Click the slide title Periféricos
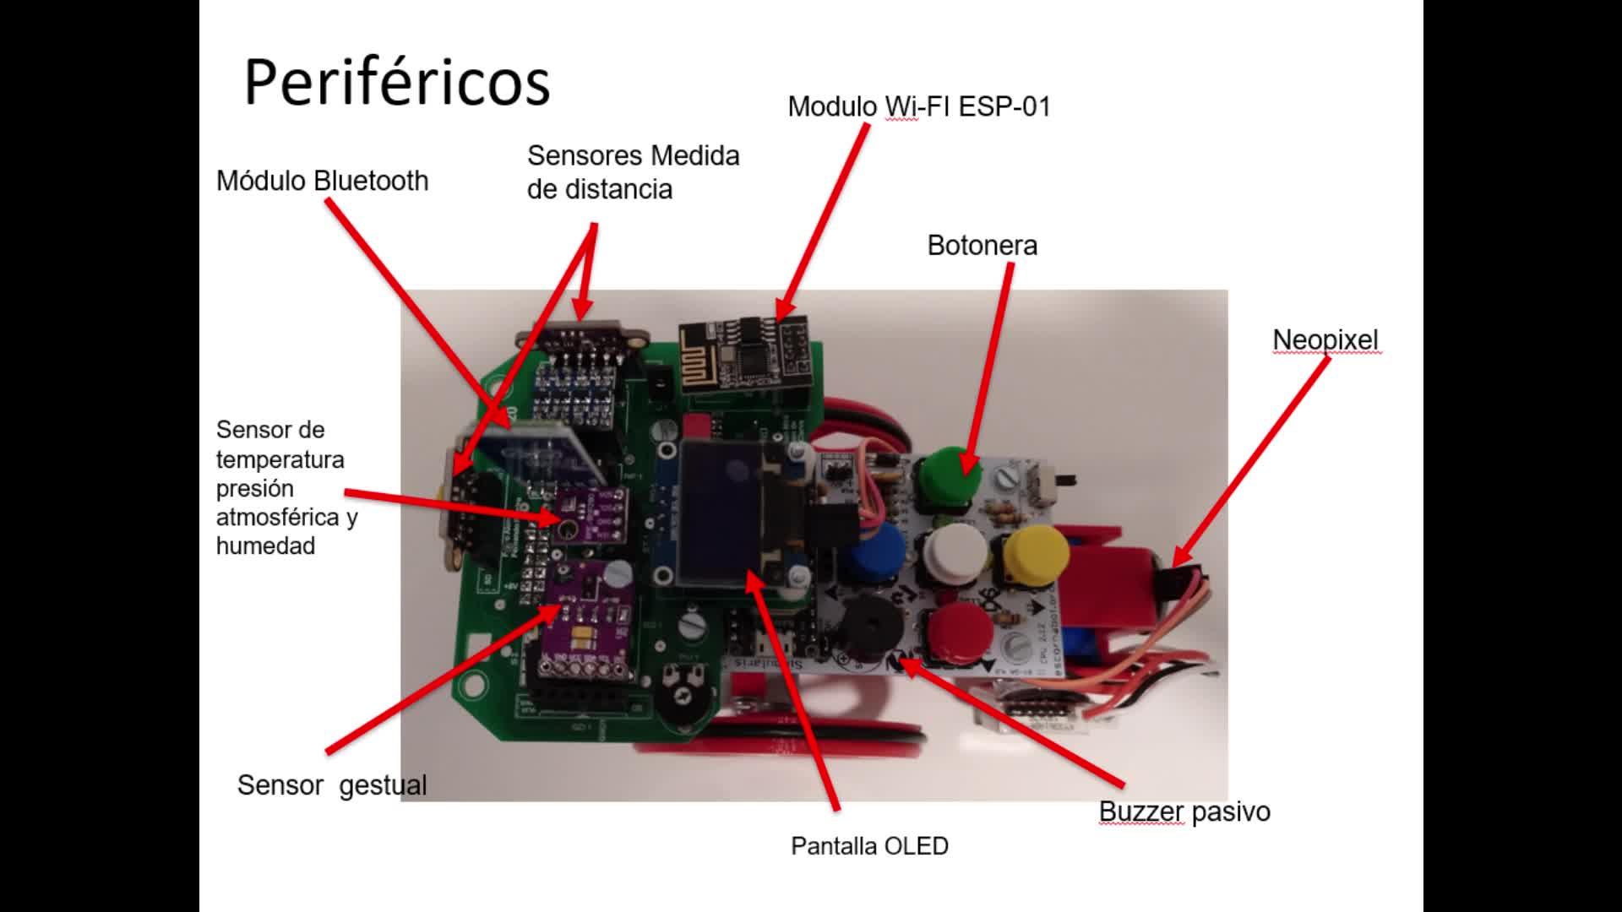point(397,82)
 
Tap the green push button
point(950,475)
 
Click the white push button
point(955,551)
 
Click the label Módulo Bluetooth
point(323,181)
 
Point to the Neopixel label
point(1325,339)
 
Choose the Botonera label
point(982,246)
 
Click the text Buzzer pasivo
point(1184,812)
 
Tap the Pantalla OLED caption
point(869,846)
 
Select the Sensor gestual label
point(332,785)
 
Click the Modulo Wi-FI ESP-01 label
point(919,107)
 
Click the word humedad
point(265,546)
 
